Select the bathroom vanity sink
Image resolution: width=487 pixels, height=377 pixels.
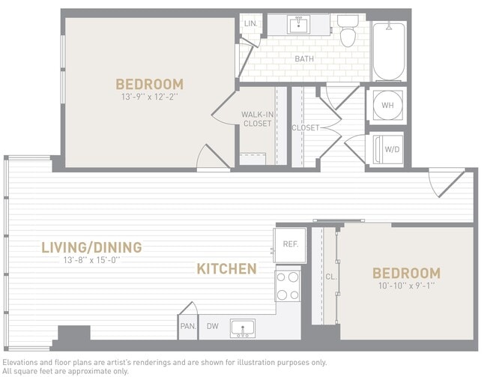point(298,25)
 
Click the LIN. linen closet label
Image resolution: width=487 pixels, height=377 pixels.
point(249,24)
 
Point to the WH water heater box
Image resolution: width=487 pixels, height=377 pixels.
point(387,106)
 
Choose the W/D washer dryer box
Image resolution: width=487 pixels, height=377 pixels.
point(387,149)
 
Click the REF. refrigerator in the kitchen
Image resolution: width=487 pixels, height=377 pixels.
point(289,244)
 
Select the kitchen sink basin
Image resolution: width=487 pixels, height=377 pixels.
point(242,328)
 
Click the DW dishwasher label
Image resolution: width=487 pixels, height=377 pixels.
point(213,326)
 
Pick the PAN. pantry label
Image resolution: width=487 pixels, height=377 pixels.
point(187,326)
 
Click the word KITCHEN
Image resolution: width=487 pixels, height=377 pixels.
point(226,268)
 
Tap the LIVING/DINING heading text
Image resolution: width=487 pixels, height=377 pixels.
point(91,247)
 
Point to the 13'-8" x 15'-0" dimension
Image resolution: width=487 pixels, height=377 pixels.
point(91,261)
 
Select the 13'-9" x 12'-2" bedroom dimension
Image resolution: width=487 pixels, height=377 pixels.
point(149,97)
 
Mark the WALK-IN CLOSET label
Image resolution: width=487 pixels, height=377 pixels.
point(257,119)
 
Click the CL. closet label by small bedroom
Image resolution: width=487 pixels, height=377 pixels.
point(330,277)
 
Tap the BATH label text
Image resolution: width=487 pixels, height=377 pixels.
point(304,58)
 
